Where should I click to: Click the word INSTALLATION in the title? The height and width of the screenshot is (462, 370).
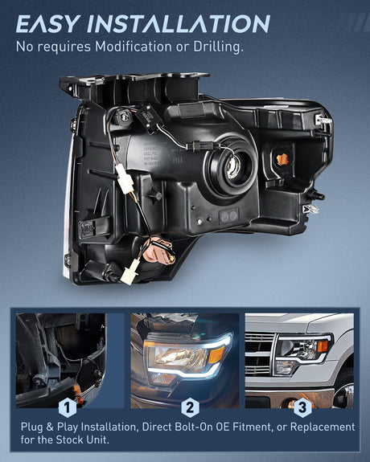[x=179, y=23]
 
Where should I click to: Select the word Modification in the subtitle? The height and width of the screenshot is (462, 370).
[x=133, y=47]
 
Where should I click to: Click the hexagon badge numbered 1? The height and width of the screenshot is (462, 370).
[x=68, y=407]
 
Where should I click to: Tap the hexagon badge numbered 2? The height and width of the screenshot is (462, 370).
[x=190, y=407]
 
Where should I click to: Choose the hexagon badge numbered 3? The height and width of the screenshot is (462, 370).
[x=302, y=407]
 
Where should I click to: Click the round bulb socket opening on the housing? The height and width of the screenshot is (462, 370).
[x=232, y=167]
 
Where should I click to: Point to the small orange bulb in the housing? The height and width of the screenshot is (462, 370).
[x=283, y=159]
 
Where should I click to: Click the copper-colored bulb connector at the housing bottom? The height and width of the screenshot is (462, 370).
[x=159, y=251]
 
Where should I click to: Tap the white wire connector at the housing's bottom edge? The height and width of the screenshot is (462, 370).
[x=129, y=272]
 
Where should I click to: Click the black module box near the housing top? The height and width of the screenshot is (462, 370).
[x=150, y=116]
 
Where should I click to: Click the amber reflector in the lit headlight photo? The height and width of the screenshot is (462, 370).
[x=216, y=355]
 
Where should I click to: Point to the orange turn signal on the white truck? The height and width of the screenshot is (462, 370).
[x=323, y=346]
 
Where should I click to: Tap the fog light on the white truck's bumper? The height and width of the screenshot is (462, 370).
[x=291, y=404]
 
